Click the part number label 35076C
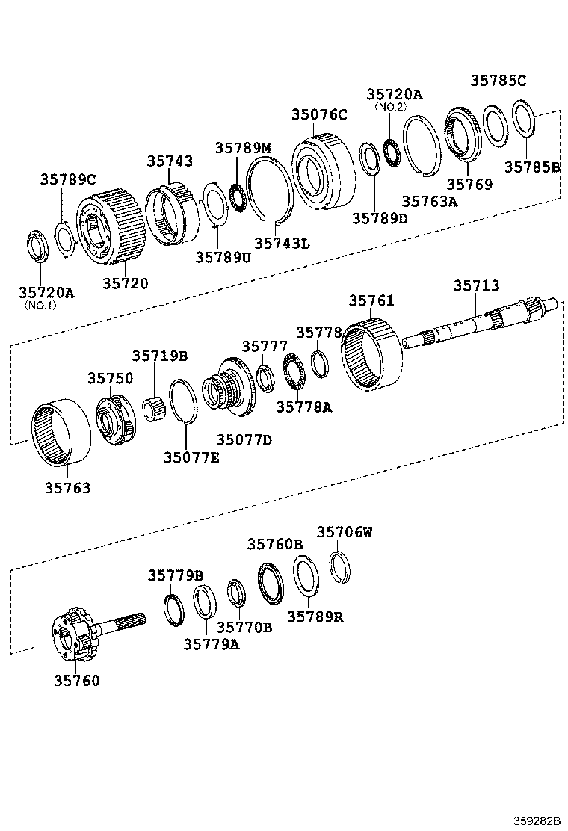[319, 114]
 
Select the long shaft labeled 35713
[478, 326]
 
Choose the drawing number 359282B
[535, 820]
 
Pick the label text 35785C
[498, 81]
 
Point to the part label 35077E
[191, 457]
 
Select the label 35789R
[315, 617]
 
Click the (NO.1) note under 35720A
[46, 305]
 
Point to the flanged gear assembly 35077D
[232, 389]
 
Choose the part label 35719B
[160, 356]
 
